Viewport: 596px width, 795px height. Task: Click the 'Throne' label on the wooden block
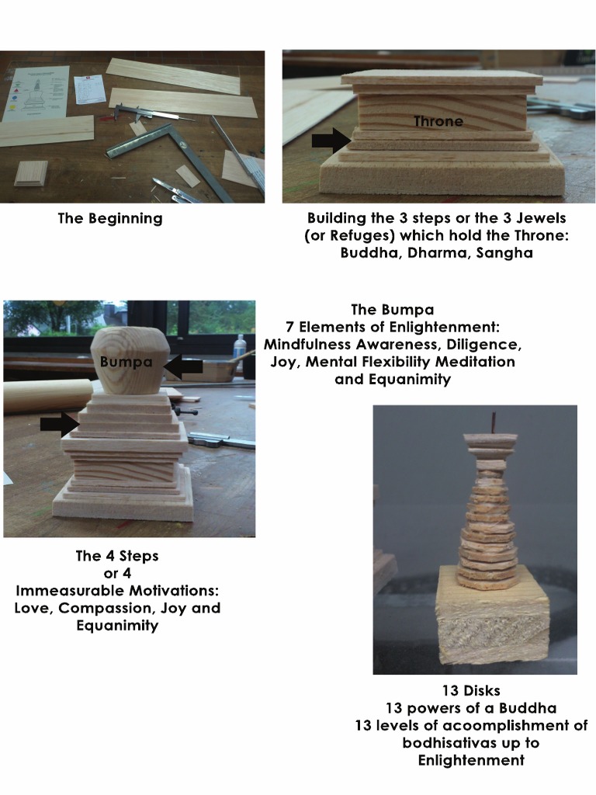pos(438,121)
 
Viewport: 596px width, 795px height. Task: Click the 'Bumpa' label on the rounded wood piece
pos(126,362)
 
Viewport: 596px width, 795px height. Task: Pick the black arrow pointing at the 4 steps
pos(60,423)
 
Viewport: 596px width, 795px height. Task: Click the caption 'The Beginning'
pos(110,218)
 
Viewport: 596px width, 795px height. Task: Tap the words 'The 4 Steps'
pos(117,556)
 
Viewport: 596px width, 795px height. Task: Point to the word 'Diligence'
pos(483,345)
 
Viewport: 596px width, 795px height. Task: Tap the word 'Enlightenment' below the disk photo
pos(471,760)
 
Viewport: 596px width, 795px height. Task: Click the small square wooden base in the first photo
pos(30,174)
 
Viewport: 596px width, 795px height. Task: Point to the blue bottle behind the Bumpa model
pos(241,352)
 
